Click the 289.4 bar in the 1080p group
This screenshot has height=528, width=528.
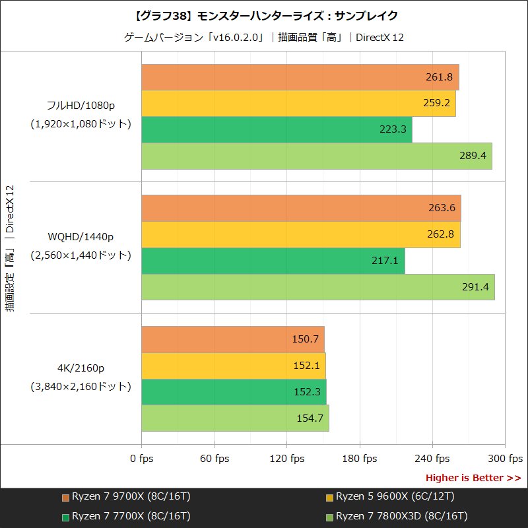(317, 156)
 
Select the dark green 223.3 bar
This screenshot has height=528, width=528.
(277, 129)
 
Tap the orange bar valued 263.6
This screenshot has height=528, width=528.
(301, 208)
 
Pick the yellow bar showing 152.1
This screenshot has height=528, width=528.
(234, 366)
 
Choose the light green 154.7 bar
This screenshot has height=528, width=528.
(235, 418)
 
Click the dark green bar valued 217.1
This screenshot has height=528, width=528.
(273, 261)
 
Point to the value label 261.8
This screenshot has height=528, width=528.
(439, 77)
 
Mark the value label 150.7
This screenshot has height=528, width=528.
(305, 339)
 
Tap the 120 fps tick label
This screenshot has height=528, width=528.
(286, 459)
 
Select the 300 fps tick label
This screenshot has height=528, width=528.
(505, 459)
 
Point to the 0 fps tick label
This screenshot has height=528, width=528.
(141, 459)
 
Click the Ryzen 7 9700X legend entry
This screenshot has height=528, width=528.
(125, 496)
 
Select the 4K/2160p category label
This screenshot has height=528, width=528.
(81, 368)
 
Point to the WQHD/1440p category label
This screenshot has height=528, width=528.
(81, 236)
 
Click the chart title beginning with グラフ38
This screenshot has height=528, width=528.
(264, 15)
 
